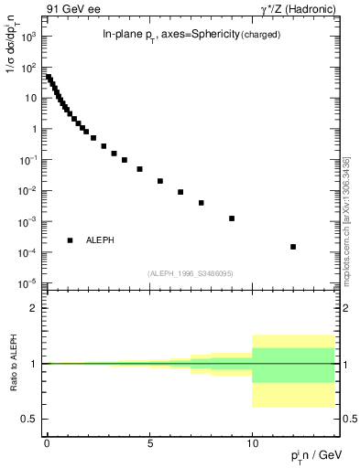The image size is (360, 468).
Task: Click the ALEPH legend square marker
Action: (71, 240)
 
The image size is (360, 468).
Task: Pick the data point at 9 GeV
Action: (232, 218)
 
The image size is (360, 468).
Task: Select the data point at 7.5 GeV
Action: (201, 203)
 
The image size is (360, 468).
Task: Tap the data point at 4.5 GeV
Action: (139, 169)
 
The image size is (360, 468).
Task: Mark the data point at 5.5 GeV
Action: (159, 181)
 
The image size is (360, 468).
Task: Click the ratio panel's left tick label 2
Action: (35, 308)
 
